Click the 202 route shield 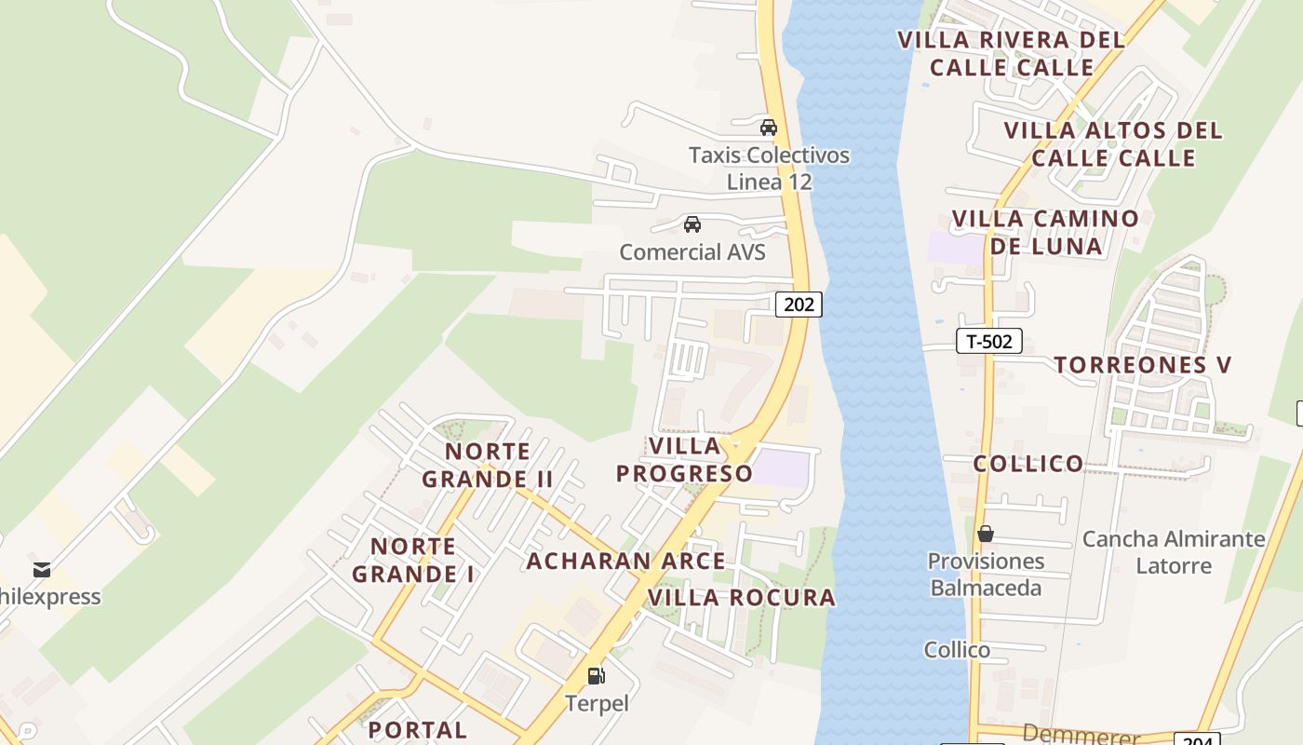pyautogui.click(x=799, y=304)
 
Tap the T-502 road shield pyautogui.click(x=988, y=341)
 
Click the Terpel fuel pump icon pyautogui.click(x=596, y=676)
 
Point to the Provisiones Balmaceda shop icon pyautogui.click(x=986, y=534)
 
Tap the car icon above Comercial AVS pyautogui.click(x=692, y=224)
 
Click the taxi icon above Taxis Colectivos pyautogui.click(x=768, y=128)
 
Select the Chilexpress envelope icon pyautogui.click(x=41, y=569)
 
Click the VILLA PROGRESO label pyautogui.click(x=685, y=459)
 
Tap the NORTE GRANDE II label pyautogui.click(x=488, y=466)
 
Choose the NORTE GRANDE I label pyautogui.click(x=413, y=560)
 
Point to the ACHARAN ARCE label pyautogui.click(x=625, y=561)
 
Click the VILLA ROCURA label pyautogui.click(x=741, y=598)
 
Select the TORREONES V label pyautogui.click(x=1143, y=365)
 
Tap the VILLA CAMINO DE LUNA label pyautogui.click(x=1045, y=232)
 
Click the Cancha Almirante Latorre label pyautogui.click(x=1174, y=552)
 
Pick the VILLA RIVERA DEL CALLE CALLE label pyautogui.click(x=1012, y=53)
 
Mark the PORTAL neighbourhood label pyautogui.click(x=418, y=729)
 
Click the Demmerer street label pyautogui.click(x=1081, y=736)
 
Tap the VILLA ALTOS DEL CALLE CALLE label pyautogui.click(x=1113, y=143)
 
